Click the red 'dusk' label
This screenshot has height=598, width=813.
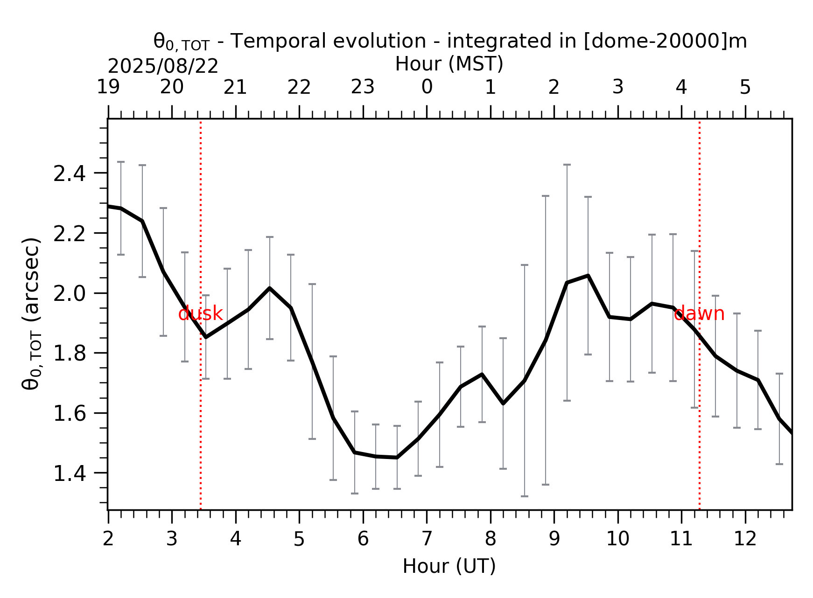[x=201, y=314]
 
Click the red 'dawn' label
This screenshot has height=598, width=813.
[x=699, y=313]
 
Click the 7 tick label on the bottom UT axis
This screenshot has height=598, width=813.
[x=427, y=539]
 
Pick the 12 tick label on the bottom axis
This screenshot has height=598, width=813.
[x=745, y=539]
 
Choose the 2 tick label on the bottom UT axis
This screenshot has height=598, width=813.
[x=108, y=539]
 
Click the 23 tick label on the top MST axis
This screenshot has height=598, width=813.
[x=363, y=87]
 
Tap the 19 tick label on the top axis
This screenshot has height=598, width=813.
[x=108, y=87]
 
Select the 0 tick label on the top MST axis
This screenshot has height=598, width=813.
[x=427, y=87]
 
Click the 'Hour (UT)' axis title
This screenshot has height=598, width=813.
[x=449, y=566]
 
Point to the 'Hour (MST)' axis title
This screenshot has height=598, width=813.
[x=449, y=64]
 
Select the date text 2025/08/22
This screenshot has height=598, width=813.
[x=163, y=67]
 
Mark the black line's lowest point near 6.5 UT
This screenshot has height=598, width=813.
[x=397, y=458]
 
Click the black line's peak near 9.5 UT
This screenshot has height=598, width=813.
[x=588, y=276]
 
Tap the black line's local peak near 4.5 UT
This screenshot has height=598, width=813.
[x=269, y=288]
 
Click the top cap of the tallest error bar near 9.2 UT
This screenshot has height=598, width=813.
[x=567, y=165]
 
